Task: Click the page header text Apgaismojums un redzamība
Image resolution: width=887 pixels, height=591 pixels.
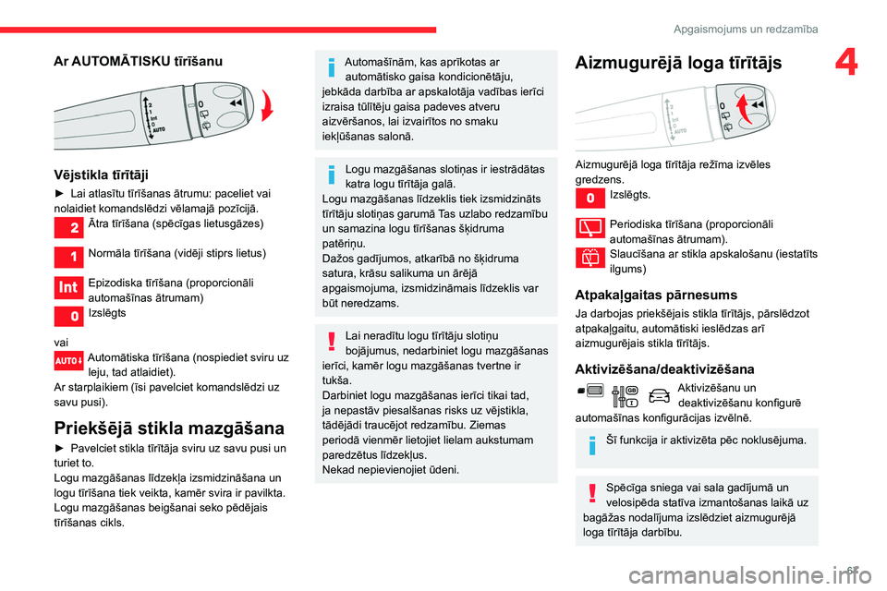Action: (745, 30)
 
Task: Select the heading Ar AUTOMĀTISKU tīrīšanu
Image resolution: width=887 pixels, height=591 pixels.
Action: (138, 61)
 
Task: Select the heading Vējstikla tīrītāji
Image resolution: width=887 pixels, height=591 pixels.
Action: (102, 174)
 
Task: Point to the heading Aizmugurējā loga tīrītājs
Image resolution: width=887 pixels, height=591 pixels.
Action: (678, 63)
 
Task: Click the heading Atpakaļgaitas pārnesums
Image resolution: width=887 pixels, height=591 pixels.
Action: (656, 295)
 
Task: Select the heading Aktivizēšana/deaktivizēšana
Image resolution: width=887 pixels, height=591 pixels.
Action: (664, 369)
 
